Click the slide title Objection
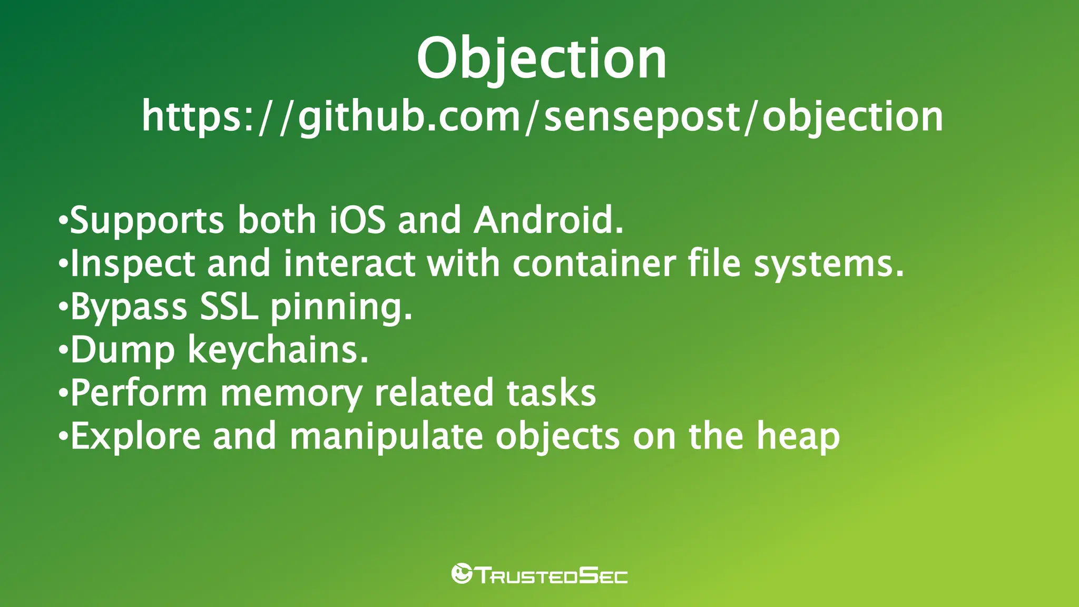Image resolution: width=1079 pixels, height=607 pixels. pos(542,59)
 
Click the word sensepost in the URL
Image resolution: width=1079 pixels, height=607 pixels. pos(642,116)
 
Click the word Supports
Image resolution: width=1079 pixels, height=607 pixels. pos(147,221)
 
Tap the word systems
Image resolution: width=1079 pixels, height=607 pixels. pos(828,264)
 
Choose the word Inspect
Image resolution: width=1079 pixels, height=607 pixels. pos(132,264)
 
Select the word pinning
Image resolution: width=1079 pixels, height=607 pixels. pos(341,307)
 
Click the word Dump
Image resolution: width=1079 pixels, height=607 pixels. pos(123,350)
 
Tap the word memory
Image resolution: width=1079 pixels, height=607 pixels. pos(291,394)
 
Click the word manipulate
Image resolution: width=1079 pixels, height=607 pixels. pos(386,437)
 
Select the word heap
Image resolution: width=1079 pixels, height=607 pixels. pos(798,437)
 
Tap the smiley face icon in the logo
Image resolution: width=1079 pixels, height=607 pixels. pos(462,574)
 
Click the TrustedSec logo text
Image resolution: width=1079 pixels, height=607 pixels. pos(551,575)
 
